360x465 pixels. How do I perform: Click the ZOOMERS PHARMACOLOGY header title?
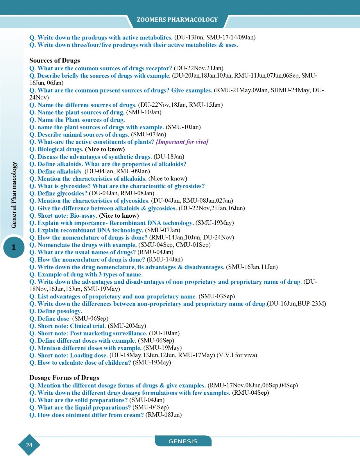point(177,20)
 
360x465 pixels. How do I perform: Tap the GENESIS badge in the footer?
point(183,441)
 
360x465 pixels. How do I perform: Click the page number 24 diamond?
point(29,445)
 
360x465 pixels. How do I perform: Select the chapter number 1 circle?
point(14,247)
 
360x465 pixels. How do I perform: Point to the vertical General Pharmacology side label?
point(14,195)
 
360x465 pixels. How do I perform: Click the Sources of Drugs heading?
point(54,60)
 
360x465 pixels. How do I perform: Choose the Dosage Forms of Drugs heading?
point(64,378)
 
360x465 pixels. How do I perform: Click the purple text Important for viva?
point(182,142)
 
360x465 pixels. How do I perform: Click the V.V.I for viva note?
point(237,355)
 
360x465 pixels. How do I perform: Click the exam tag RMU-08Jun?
point(164,415)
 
